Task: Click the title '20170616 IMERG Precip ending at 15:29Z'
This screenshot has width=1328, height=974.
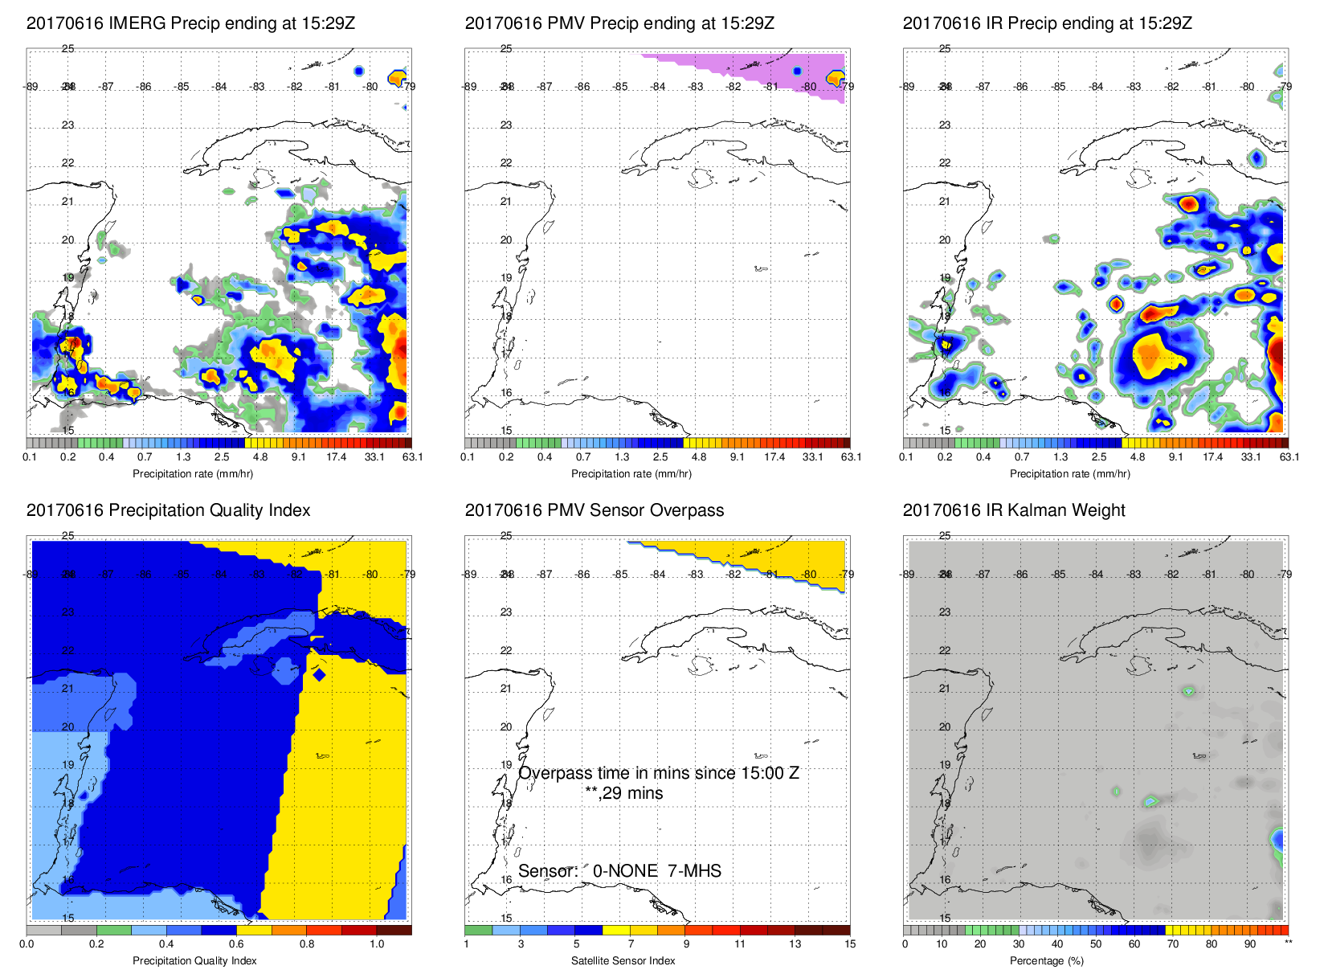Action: pyautogui.click(x=190, y=23)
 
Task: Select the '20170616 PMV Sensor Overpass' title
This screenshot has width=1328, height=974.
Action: pyautogui.click(x=594, y=510)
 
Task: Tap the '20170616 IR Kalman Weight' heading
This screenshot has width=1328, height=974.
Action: pyautogui.click(x=1014, y=510)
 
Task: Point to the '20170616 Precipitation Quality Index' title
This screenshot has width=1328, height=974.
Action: pyautogui.click(x=168, y=510)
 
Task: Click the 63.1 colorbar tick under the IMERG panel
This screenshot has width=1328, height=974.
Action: pyautogui.click(x=412, y=457)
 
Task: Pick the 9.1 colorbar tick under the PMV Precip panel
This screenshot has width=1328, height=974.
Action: pyautogui.click(x=737, y=457)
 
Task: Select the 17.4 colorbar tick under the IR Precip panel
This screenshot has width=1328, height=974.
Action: pyautogui.click(x=1212, y=457)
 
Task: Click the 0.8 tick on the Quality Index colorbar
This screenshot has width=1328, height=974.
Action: pyautogui.click(x=307, y=944)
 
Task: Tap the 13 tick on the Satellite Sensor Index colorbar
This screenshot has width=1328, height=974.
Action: pyautogui.click(x=795, y=944)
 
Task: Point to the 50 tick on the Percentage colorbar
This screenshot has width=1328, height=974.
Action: pyautogui.click(x=1096, y=944)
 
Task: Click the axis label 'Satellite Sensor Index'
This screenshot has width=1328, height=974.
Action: pyautogui.click(x=623, y=961)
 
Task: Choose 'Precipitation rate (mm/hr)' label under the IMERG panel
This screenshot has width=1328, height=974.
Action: pyautogui.click(x=193, y=474)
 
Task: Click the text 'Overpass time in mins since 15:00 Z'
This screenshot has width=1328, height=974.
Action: pyautogui.click(x=658, y=773)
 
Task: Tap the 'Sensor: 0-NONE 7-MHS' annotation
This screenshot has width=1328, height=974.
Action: pyautogui.click(x=619, y=871)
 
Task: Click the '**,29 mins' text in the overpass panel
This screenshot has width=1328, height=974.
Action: pyautogui.click(x=623, y=793)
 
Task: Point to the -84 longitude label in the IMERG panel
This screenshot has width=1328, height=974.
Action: pyautogui.click(x=219, y=87)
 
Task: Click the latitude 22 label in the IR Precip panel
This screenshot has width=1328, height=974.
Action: pyautogui.click(x=945, y=163)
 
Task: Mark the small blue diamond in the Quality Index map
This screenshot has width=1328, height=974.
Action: pyautogui.click(x=319, y=674)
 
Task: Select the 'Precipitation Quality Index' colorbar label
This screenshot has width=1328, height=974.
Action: pyautogui.click(x=194, y=961)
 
